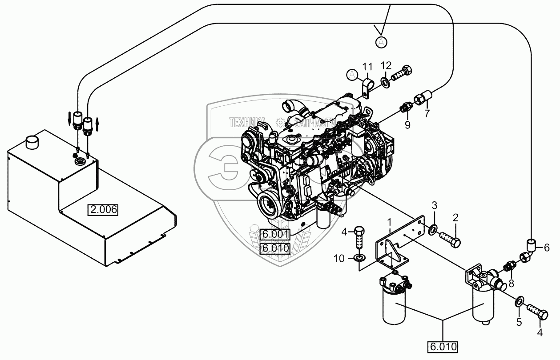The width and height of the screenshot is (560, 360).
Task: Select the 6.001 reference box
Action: pos(275,234)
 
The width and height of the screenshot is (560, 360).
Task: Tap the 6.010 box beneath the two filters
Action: pos(443,346)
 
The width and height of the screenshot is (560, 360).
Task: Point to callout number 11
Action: pos(367,67)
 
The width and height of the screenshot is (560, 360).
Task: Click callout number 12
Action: pos(386,66)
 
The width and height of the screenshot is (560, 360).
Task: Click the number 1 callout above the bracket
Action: pos(389,220)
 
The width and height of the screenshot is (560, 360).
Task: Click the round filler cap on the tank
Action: pos(33,142)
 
